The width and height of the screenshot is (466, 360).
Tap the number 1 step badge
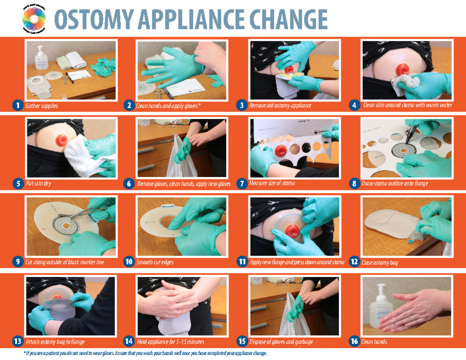pos(17,105)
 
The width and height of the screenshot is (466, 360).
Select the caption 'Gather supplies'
pos(42,106)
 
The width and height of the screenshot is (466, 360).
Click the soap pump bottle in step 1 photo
pos(41,59)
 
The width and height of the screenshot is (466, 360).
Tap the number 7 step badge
pos(242,184)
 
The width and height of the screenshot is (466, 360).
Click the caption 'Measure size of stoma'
pos(272,183)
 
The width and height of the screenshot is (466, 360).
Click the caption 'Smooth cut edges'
pos(155,263)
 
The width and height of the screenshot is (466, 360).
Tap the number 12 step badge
pos(354,262)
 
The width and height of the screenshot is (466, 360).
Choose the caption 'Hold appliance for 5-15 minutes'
pos(170,342)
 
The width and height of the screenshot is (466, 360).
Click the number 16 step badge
pos(354,341)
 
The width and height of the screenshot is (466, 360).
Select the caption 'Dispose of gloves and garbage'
pos(281,342)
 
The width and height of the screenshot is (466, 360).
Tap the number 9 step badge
pos(17,262)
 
